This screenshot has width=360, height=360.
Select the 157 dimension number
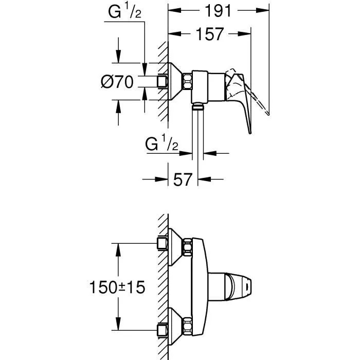coord(210,34)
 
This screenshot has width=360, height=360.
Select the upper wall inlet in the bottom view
coord(163,243)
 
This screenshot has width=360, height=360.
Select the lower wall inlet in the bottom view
coord(163,330)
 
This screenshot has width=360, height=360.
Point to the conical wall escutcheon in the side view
coord(177,81)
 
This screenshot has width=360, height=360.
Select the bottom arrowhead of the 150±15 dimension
coord(119,326)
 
